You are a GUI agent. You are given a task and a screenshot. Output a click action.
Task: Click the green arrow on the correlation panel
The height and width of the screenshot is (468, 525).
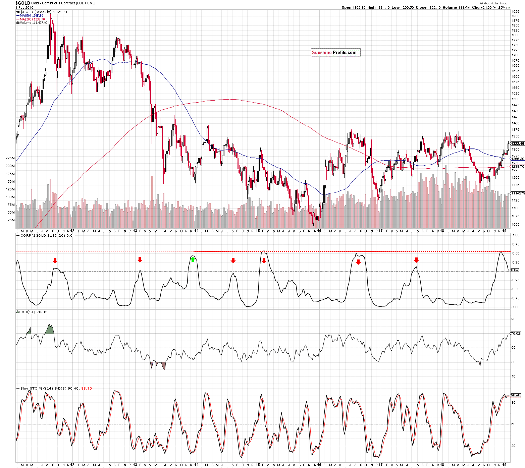point(193,259)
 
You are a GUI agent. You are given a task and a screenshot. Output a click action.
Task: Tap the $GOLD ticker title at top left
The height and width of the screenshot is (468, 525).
point(23,3)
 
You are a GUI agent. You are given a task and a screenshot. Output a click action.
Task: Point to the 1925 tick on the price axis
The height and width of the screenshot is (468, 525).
point(515,11)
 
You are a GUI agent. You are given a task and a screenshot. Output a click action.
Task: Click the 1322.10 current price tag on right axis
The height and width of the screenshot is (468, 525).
point(517,143)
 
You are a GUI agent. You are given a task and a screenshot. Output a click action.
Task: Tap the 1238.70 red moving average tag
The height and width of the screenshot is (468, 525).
point(517,166)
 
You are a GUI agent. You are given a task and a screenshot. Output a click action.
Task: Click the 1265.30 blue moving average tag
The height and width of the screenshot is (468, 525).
point(517,159)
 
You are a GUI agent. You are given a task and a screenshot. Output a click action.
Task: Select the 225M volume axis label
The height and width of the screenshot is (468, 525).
point(10,158)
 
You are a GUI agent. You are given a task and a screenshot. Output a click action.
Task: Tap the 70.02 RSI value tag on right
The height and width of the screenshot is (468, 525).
point(516,333)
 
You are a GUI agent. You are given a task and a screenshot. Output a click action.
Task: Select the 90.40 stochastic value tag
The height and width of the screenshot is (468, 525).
point(516,395)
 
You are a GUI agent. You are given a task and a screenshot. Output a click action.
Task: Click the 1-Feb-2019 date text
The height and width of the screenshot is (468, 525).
point(24,8)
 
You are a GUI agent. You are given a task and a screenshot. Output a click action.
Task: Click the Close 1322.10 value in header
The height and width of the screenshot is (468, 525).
point(428,7)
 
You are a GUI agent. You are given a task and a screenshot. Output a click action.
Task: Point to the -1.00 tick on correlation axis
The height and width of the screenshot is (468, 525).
point(516,307)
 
